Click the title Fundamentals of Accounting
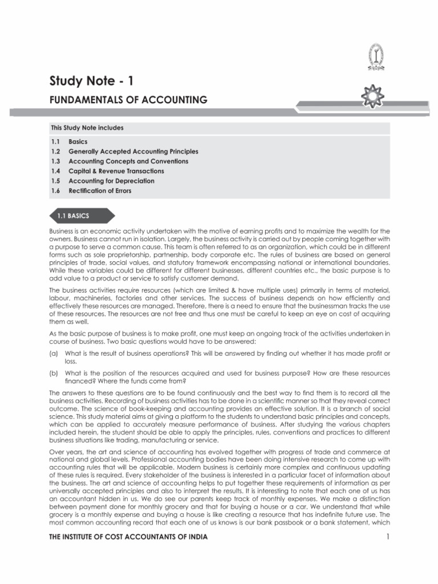(x=128, y=100)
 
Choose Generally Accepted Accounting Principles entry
(x=133, y=151)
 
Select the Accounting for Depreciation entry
(x=111, y=181)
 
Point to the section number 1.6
(x=55, y=190)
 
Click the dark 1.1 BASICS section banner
(x=80, y=216)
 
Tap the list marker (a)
(x=54, y=354)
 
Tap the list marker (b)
(x=54, y=373)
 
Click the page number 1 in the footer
(x=387, y=537)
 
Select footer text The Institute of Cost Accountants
(x=128, y=537)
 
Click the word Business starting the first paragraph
(x=61, y=231)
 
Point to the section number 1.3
(x=55, y=161)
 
